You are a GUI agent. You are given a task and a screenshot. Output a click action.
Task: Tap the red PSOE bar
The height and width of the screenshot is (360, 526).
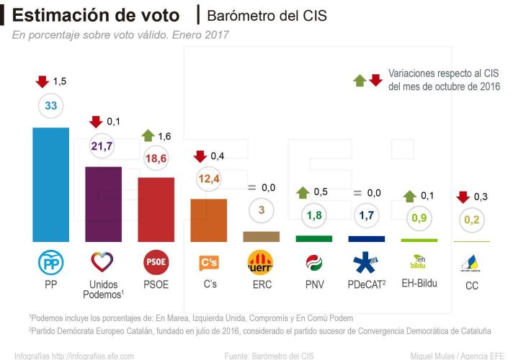(156, 209)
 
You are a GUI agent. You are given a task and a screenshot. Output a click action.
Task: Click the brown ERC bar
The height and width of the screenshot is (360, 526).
(261, 236)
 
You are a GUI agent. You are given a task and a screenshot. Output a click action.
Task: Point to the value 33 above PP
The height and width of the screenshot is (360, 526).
(51, 105)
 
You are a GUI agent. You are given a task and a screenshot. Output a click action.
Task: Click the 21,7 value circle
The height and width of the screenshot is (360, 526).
(103, 146)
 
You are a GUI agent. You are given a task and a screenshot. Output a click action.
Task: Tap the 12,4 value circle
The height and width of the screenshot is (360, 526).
(208, 178)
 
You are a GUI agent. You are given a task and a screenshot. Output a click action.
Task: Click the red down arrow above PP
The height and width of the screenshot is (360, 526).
(40, 81)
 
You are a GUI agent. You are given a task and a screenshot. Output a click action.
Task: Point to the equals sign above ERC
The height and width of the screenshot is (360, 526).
(251, 187)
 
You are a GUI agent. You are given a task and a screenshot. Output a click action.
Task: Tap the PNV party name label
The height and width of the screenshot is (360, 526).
(313, 284)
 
